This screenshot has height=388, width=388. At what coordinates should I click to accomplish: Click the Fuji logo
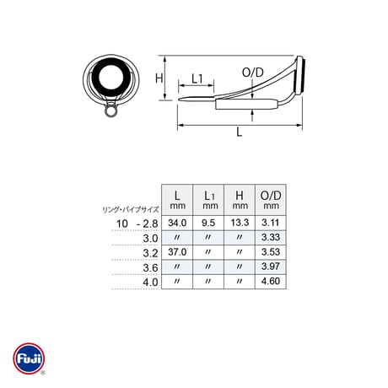[29, 358]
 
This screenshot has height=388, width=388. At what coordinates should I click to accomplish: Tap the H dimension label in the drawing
[159, 78]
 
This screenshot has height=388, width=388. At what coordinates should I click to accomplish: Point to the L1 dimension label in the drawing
[197, 78]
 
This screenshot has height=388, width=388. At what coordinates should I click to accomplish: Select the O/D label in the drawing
[253, 73]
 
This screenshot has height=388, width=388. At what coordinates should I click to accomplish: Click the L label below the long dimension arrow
[239, 132]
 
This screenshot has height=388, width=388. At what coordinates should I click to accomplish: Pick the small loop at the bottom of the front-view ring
[110, 110]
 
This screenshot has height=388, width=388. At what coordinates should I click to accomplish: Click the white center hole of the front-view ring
[111, 77]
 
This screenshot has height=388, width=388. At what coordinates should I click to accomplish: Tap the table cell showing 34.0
[177, 223]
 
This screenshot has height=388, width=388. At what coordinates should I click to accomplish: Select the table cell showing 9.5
[208, 223]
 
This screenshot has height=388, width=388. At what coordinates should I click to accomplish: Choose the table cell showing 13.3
[240, 223]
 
